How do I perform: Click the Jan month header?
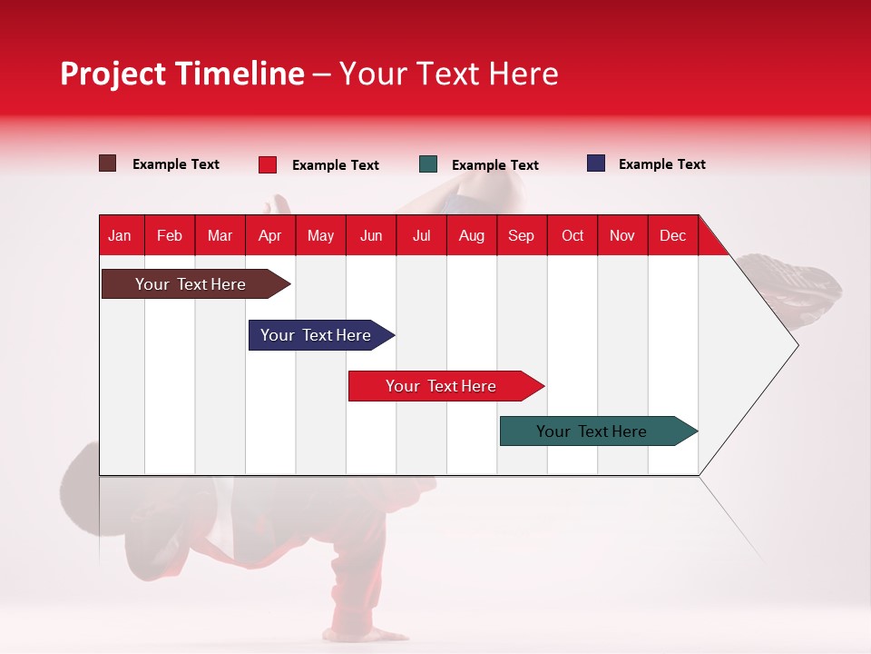[x=120, y=235]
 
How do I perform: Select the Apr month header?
[x=269, y=235]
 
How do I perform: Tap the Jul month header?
[x=421, y=235]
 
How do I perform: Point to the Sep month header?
[x=521, y=235]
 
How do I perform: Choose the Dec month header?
[x=672, y=235]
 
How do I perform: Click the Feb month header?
[x=170, y=235]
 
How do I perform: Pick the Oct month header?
[x=573, y=235]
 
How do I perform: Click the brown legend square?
[x=108, y=163]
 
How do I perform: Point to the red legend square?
[x=268, y=164]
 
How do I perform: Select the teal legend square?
[x=428, y=164]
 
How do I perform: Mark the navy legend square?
[x=596, y=163]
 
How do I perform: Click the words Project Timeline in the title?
[x=182, y=74]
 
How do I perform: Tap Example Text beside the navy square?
[x=661, y=164]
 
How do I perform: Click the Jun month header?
[x=371, y=235]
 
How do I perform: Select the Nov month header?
[x=622, y=235]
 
